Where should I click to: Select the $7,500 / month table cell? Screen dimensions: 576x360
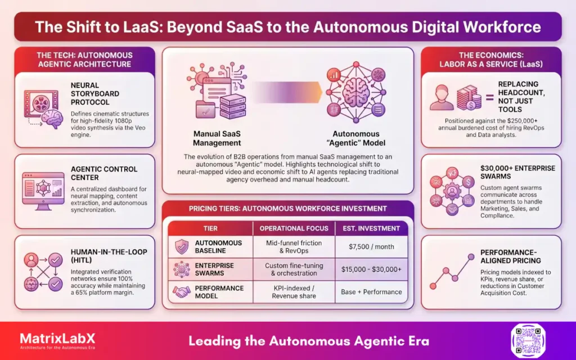371,247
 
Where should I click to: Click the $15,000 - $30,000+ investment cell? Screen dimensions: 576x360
371,269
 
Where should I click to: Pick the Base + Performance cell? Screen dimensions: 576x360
371,292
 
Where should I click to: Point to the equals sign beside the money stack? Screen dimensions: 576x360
488,99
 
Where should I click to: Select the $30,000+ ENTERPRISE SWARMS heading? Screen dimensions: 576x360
517,173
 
